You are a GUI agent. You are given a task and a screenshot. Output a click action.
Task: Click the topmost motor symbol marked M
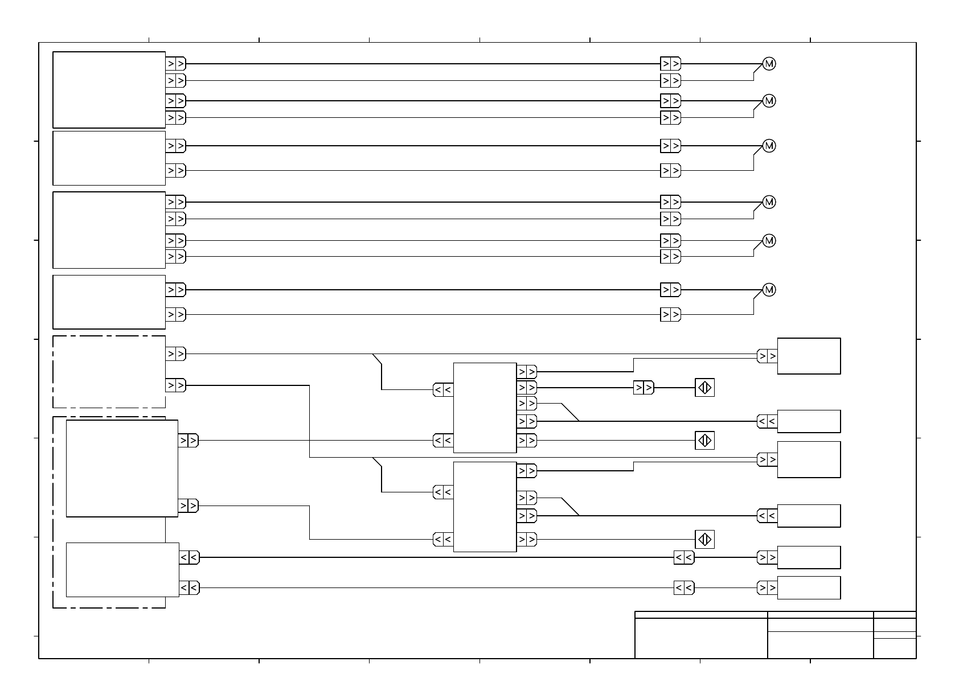[769, 64]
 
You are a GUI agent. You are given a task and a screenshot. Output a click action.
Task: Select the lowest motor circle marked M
[769, 290]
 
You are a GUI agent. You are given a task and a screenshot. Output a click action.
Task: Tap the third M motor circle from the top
[769, 146]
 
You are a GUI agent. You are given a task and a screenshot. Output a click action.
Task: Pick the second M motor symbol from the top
[769, 101]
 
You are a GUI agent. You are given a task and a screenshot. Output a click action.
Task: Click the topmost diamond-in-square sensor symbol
[704, 388]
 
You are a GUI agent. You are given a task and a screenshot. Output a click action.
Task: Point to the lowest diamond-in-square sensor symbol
[704, 539]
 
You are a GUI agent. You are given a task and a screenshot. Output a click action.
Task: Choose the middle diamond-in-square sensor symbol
[704, 441]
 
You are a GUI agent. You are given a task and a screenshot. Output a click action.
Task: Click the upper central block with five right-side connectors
[485, 408]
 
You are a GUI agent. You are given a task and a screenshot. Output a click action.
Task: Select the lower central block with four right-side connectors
[485, 507]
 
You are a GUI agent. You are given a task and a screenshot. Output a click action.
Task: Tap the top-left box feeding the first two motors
[109, 90]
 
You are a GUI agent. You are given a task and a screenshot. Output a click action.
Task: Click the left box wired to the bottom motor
[109, 302]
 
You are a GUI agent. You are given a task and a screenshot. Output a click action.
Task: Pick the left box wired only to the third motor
[109, 158]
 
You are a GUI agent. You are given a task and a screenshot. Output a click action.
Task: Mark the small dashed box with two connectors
[109, 372]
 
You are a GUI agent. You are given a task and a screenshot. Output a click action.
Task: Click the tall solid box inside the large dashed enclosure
[122, 469]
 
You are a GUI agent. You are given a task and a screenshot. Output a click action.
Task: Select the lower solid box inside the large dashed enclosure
[122, 569]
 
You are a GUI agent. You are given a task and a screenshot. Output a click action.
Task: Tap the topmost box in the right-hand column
[809, 356]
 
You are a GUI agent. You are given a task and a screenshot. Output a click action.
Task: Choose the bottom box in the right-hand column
[809, 587]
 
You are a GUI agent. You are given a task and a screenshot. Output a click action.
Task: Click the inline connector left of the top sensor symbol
[644, 388]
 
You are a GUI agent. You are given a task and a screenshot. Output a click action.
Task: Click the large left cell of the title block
[701, 638]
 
